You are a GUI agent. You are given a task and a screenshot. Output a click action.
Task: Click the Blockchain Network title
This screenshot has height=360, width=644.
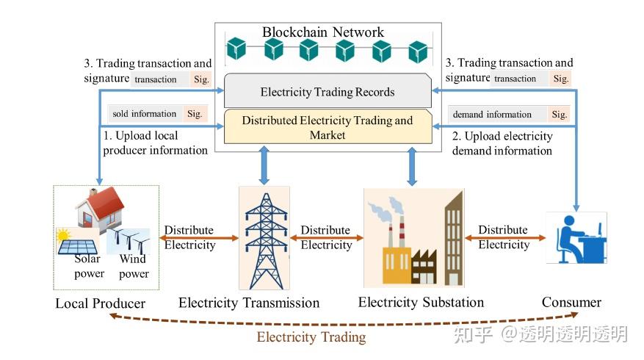pyautogui.click(x=322, y=32)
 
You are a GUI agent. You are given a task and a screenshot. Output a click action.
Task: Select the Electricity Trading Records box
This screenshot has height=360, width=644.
pyautogui.click(x=328, y=92)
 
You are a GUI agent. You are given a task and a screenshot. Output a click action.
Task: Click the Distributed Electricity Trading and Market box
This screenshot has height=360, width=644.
pyautogui.click(x=328, y=127)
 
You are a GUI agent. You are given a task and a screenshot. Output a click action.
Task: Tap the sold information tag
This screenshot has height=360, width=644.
pyautogui.click(x=144, y=114)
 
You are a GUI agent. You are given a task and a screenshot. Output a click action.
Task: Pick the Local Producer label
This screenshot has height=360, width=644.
pyautogui.click(x=101, y=303)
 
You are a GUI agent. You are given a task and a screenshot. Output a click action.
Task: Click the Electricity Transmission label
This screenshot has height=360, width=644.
pyautogui.click(x=249, y=303)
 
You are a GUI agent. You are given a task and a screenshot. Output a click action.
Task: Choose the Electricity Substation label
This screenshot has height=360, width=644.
pyautogui.click(x=421, y=302)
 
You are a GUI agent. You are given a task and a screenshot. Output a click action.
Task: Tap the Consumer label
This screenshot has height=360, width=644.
pyautogui.click(x=571, y=302)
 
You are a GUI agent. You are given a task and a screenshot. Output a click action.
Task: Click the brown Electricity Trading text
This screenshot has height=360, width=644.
pyautogui.click(x=311, y=337)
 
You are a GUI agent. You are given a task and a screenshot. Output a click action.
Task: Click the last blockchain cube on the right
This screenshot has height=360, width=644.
pyautogui.click(x=418, y=50)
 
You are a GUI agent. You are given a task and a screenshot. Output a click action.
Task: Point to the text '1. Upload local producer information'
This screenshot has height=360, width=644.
pyautogui.click(x=155, y=143)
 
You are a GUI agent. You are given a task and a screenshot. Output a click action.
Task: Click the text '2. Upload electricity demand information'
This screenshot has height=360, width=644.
pyautogui.click(x=502, y=143)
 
